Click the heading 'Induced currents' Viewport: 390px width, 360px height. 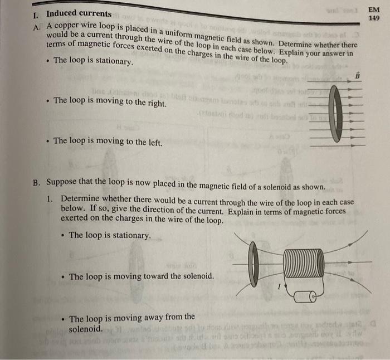(79, 13)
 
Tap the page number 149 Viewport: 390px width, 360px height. (374, 18)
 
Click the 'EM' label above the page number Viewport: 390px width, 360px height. (374, 9)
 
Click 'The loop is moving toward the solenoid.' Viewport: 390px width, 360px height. (141, 276)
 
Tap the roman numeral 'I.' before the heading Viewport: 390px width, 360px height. (36, 13)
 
